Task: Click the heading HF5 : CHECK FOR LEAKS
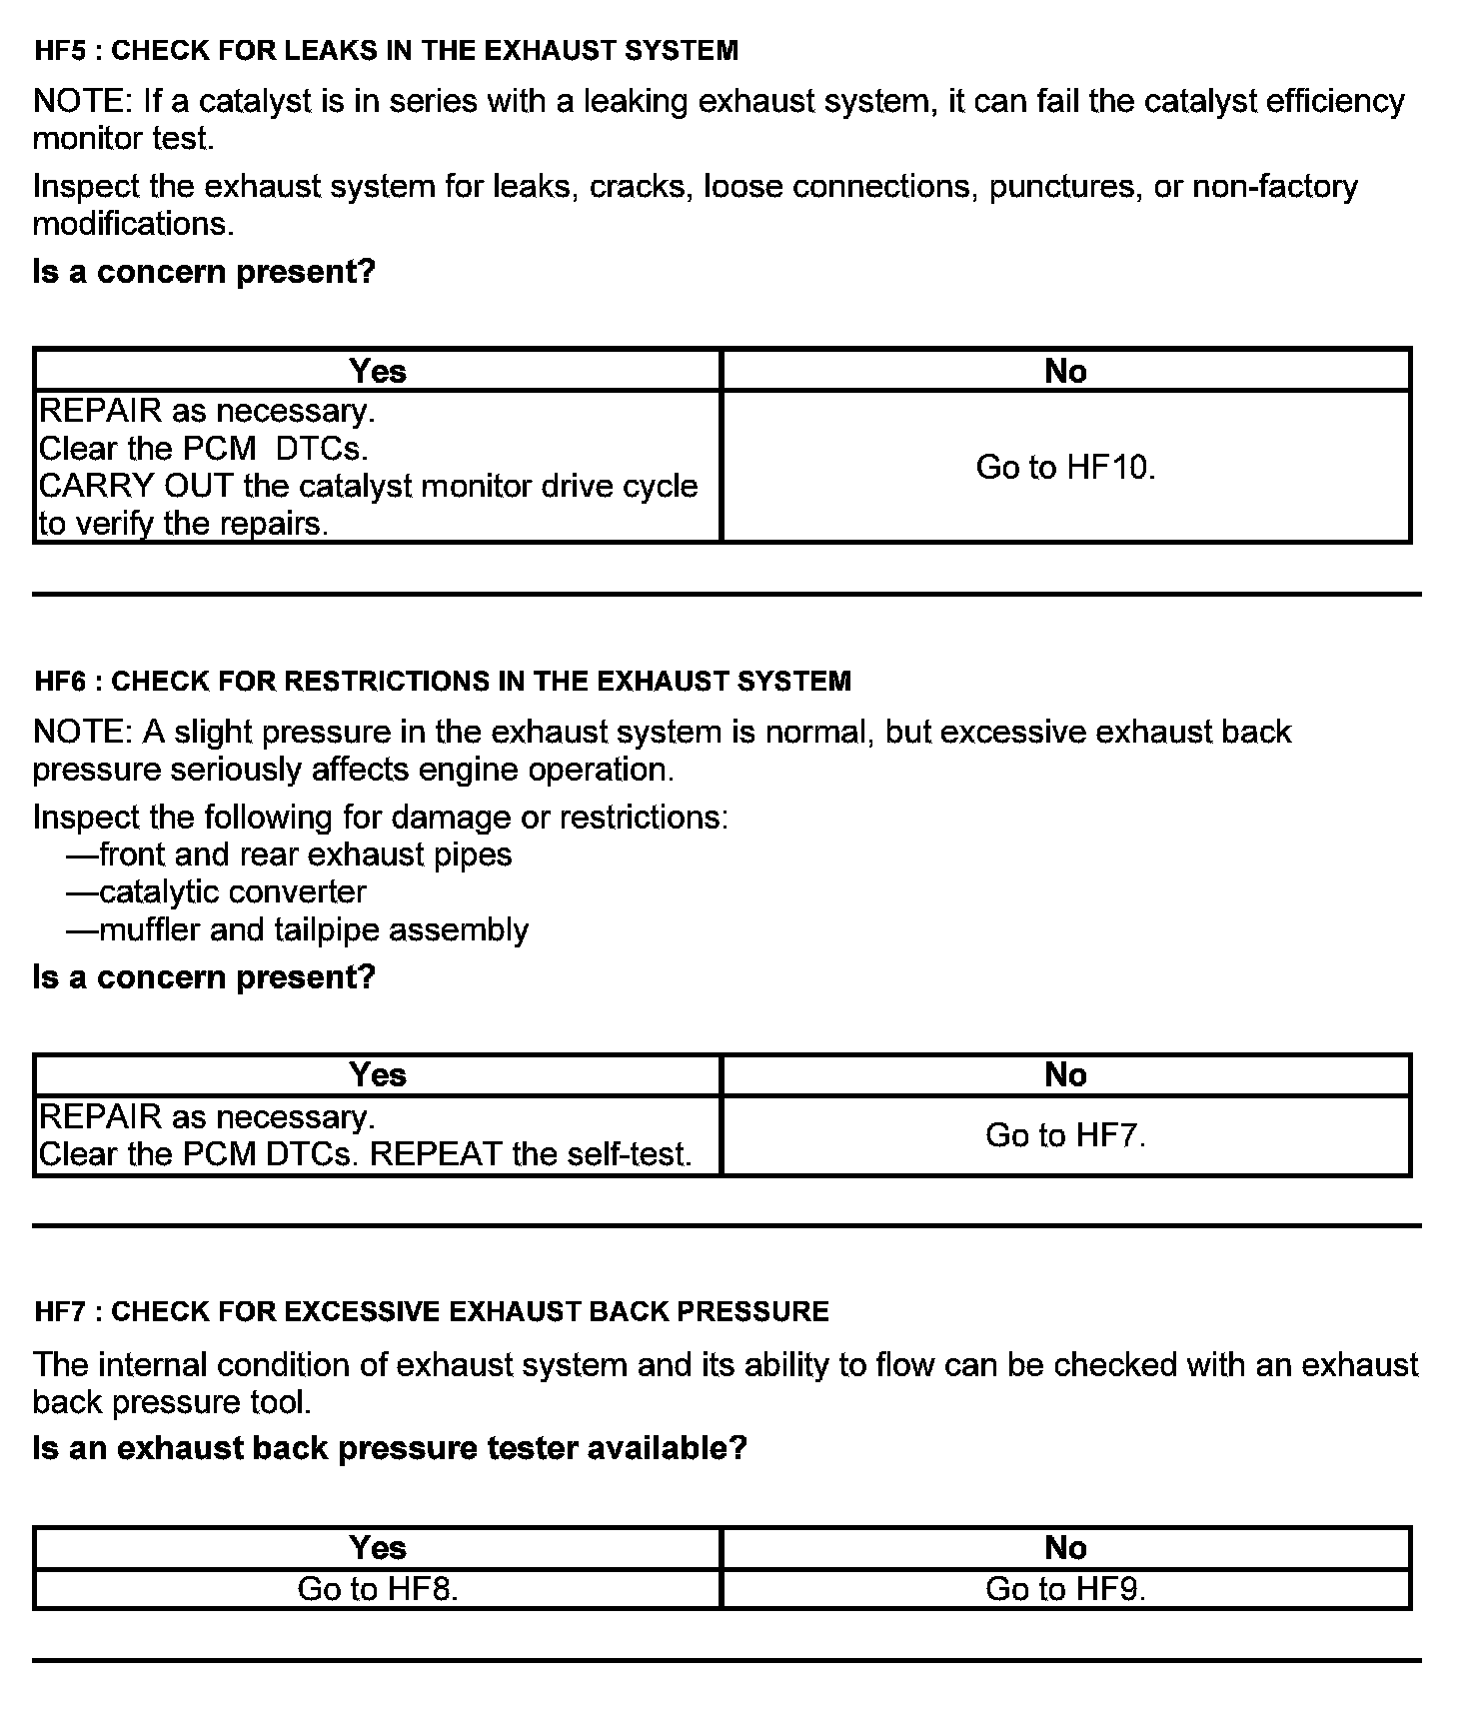[x=386, y=50]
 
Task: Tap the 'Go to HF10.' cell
[x=1065, y=467]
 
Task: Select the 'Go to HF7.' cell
[x=1065, y=1135]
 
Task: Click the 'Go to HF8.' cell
[x=378, y=1589]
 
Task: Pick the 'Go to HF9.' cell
[x=1065, y=1589]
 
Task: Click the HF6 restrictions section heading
[x=442, y=681]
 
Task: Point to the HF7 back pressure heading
[x=431, y=1311]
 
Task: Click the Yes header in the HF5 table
[x=378, y=371]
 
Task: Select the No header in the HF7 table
[x=1065, y=1548]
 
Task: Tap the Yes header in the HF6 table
[x=378, y=1074]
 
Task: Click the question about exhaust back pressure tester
[x=390, y=1447]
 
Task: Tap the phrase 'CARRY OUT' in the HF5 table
[x=135, y=486]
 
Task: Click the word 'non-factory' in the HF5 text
[x=1275, y=187]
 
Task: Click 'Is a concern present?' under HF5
[x=204, y=271]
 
